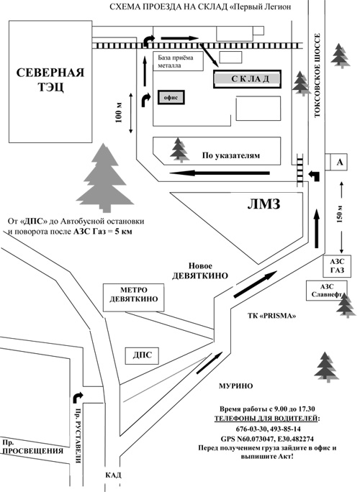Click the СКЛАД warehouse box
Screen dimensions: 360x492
[247, 79]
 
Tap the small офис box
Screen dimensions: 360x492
[171, 98]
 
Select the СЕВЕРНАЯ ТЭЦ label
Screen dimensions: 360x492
[50, 79]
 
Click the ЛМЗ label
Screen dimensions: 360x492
[264, 204]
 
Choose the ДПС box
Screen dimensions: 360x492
[142, 355]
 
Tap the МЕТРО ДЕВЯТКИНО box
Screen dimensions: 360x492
[133, 298]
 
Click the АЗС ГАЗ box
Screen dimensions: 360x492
[337, 266]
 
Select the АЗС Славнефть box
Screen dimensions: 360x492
[327, 291]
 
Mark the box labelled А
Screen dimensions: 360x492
[340, 162]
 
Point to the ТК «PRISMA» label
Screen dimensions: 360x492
[271, 316]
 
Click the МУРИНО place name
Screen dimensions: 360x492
[235, 386]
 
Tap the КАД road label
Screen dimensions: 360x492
[113, 475]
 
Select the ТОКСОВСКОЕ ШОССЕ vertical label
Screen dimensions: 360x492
[317, 76]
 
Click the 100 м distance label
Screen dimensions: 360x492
[119, 112]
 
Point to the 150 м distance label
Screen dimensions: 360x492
[339, 214]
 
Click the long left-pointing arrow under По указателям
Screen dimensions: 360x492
[220, 173]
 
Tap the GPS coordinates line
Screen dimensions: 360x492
[267, 439]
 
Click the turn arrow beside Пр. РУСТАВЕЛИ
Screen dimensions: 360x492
[77, 397]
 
